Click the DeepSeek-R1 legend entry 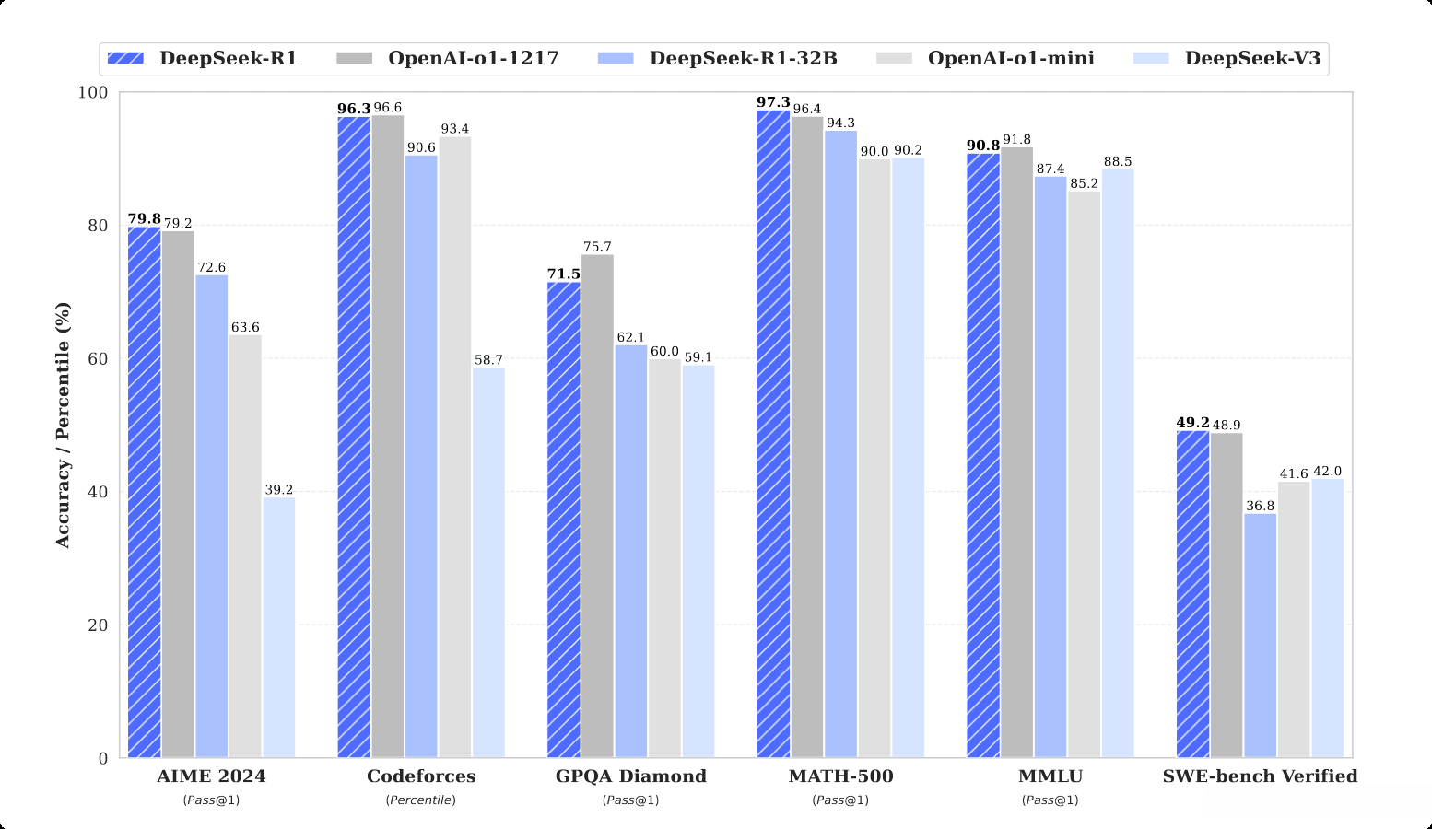(203, 59)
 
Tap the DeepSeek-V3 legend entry (1230, 59)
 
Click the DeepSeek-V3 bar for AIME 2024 (279, 627)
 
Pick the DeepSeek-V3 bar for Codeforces (488, 563)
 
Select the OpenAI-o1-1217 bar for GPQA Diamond (597, 506)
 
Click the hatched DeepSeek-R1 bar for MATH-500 (773, 434)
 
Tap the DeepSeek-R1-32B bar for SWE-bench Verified (1260, 636)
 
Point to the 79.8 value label (144, 218)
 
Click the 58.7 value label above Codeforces (488, 360)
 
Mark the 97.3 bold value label (773, 102)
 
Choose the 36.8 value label (1260, 506)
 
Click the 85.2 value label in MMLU (1084, 183)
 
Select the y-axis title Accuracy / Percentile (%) (63, 425)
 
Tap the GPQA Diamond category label (630, 776)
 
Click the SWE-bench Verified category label (1260, 776)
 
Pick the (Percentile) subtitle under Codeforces (420, 800)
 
